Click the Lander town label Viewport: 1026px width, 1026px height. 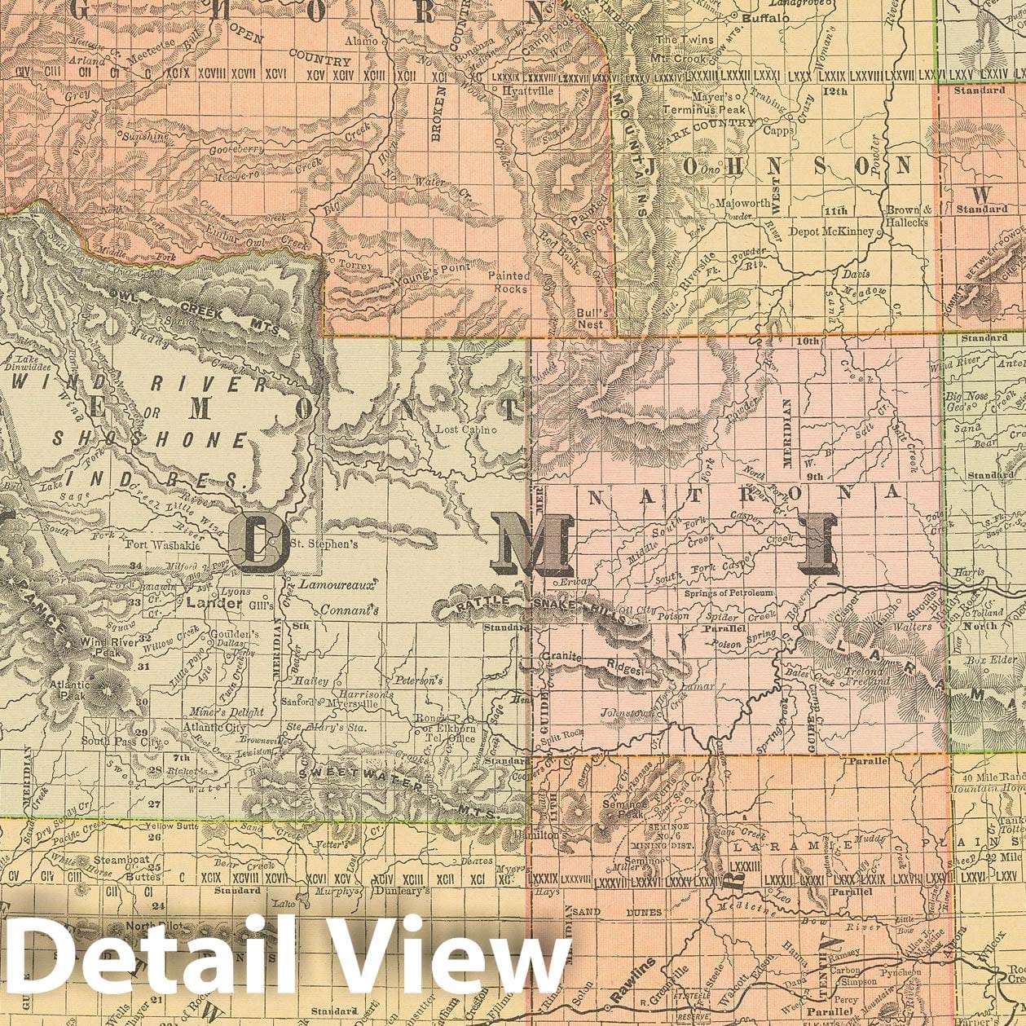tap(214, 604)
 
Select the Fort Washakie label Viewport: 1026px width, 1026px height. tap(164, 546)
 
